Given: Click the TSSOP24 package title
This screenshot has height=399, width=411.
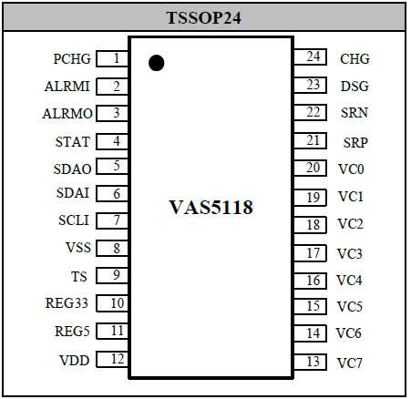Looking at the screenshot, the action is pyautogui.click(x=203, y=17).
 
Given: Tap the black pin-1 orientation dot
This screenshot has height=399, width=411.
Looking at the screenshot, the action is pyautogui.click(x=157, y=63).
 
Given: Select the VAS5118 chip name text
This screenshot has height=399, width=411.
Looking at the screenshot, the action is pyautogui.click(x=211, y=207).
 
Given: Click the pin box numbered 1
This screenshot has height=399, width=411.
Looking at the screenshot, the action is pyautogui.click(x=112, y=58).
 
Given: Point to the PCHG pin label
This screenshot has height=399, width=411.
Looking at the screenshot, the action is pyautogui.click(x=72, y=59).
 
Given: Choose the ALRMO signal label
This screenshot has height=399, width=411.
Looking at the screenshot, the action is pyautogui.click(x=67, y=114).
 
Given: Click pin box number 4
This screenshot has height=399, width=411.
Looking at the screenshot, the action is pyautogui.click(x=112, y=141).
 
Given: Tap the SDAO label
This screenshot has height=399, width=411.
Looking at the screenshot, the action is pyautogui.click(x=72, y=169).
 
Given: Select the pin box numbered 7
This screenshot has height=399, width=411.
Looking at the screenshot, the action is pyautogui.click(x=112, y=220).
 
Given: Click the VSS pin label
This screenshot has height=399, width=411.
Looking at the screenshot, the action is pyautogui.click(x=78, y=248).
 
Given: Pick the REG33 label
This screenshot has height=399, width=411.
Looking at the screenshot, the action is pyautogui.click(x=67, y=303).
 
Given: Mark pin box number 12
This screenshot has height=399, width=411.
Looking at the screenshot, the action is pyautogui.click(x=112, y=359).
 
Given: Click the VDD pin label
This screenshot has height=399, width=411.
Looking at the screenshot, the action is pyautogui.click(x=75, y=361).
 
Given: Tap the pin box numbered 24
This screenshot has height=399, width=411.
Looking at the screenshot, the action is pyautogui.click(x=310, y=56).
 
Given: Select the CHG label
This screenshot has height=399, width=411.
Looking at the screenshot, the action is pyautogui.click(x=354, y=59).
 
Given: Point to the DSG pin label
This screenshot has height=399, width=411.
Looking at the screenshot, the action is pyautogui.click(x=354, y=87).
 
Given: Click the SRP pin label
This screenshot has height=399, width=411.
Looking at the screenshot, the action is pyautogui.click(x=355, y=143).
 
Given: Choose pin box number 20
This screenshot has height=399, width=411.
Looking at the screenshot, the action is pyautogui.click(x=310, y=168).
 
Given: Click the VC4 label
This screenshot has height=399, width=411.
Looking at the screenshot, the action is pyautogui.click(x=349, y=281).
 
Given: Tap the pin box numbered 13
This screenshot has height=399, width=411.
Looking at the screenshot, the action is pyautogui.click(x=310, y=362).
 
